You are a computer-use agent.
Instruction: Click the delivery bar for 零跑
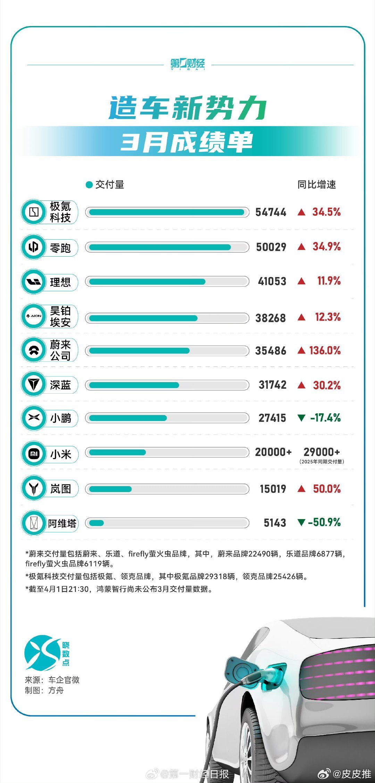pos(167,247)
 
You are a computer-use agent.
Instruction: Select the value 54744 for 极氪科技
pos(271,212)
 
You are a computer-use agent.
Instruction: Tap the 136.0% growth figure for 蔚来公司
pos(325,351)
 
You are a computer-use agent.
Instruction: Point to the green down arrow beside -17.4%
pos(301,418)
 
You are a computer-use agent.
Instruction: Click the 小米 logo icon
pos(34,454)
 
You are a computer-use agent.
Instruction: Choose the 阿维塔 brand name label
pos(62,523)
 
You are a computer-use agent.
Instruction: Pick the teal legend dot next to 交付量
pos(89,185)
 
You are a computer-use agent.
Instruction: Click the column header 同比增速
pos(316,184)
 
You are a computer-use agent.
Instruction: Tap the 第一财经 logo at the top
pos(187,64)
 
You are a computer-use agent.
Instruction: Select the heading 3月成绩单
pos(187,142)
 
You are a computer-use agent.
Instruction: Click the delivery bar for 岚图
pos(167,489)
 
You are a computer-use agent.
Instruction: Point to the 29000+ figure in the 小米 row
pos(322,452)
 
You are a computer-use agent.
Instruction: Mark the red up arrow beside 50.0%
pos(301,489)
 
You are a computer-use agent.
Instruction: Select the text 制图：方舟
pos(44,690)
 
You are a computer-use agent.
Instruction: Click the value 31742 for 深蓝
pos(273,385)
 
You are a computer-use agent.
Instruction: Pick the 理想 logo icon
pos(34,282)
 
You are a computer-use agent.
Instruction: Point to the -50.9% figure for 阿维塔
pos(324,522)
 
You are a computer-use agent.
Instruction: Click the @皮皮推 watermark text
pos(351,774)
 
